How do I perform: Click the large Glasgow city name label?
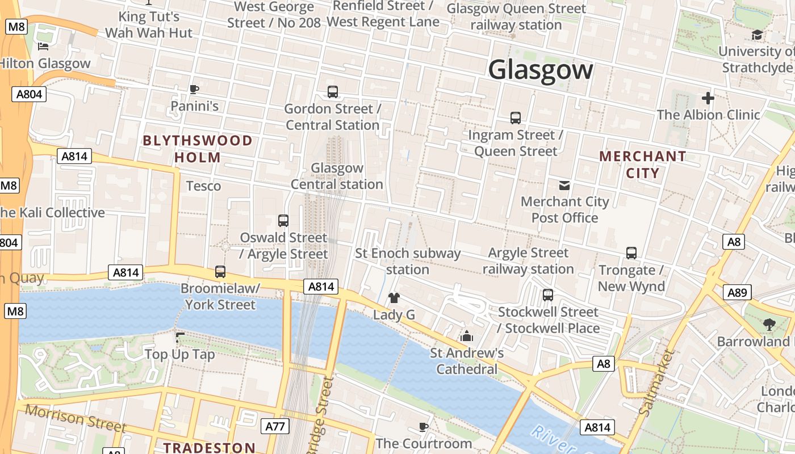[x=541, y=70]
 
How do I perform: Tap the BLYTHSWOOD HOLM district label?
[x=198, y=149]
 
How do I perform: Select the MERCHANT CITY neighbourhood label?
[x=643, y=165]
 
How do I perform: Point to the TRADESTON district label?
[x=210, y=447]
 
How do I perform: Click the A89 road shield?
[x=737, y=292]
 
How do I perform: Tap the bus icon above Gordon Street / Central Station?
[x=333, y=91]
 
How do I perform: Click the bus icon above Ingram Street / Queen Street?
[x=516, y=118]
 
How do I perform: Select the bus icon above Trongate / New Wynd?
[x=631, y=253]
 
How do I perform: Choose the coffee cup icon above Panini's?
[x=194, y=89]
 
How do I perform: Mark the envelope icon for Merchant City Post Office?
[x=564, y=185]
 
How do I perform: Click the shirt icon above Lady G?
[x=394, y=298]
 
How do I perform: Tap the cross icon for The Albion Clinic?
[x=708, y=98]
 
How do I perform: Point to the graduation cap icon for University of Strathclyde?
[x=757, y=35]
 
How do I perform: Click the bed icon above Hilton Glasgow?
[x=43, y=47]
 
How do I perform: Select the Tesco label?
[x=203, y=186]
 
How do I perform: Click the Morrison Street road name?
[x=75, y=418]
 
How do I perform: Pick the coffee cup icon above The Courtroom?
[x=423, y=426]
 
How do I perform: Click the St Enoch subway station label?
[x=408, y=261]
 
